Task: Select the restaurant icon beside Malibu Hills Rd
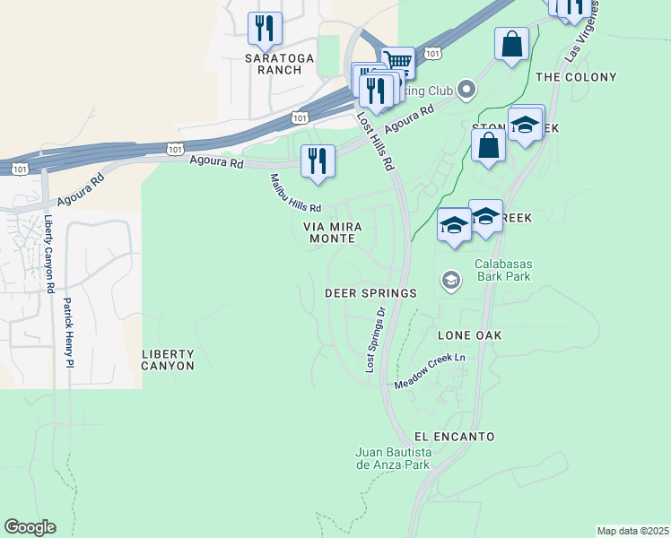point(318,161)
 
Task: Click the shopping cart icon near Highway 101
point(397,62)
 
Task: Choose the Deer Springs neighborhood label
point(370,293)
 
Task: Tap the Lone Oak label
point(468,334)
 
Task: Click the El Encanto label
point(455,436)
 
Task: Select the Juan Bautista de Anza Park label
point(394,457)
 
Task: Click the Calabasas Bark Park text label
point(502,270)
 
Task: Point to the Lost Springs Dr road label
point(374,341)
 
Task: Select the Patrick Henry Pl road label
point(67,333)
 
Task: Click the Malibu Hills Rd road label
point(295,193)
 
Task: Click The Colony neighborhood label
point(575,77)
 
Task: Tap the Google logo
point(30,527)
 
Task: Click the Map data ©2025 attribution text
point(632,530)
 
